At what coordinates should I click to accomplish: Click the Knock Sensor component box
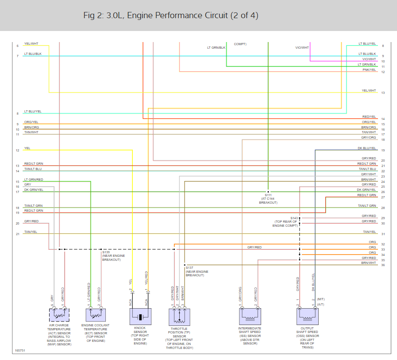pyautogui.click(x=140, y=317)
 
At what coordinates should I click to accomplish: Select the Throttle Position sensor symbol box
pyautogui.click(x=179, y=317)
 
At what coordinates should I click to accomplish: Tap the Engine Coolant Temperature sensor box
pyautogui.click(x=96, y=315)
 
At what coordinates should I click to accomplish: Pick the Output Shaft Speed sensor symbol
pyautogui.click(x=307, y=316)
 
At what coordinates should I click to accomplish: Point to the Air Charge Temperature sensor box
pyautogui.click(x=59, y=315)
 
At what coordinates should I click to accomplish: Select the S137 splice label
pyautogui.click(x=189, y=267)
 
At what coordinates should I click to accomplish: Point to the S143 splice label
pyautogui.click(x=294, y=218)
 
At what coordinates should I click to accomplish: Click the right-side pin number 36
pyautogui.click(x=383, y=265)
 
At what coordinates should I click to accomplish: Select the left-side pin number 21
pyautogui.click(x=17, y=234)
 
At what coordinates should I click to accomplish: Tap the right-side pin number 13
pyautogui.click(x=383, y=93)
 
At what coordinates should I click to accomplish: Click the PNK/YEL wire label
pyautogui.click(x=369, y=70)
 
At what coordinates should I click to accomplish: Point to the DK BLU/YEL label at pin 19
pyautogui.click(x=367, y=148)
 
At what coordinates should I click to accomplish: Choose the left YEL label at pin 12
pyautogui.click(x=27, y=148)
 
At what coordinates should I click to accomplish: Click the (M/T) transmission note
pyautogui.click(x=321, y=299)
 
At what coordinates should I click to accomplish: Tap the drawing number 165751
pyautogui.click(x=20, y=350)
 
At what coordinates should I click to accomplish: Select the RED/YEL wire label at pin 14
pyautogui.click(x=369, y=117)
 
